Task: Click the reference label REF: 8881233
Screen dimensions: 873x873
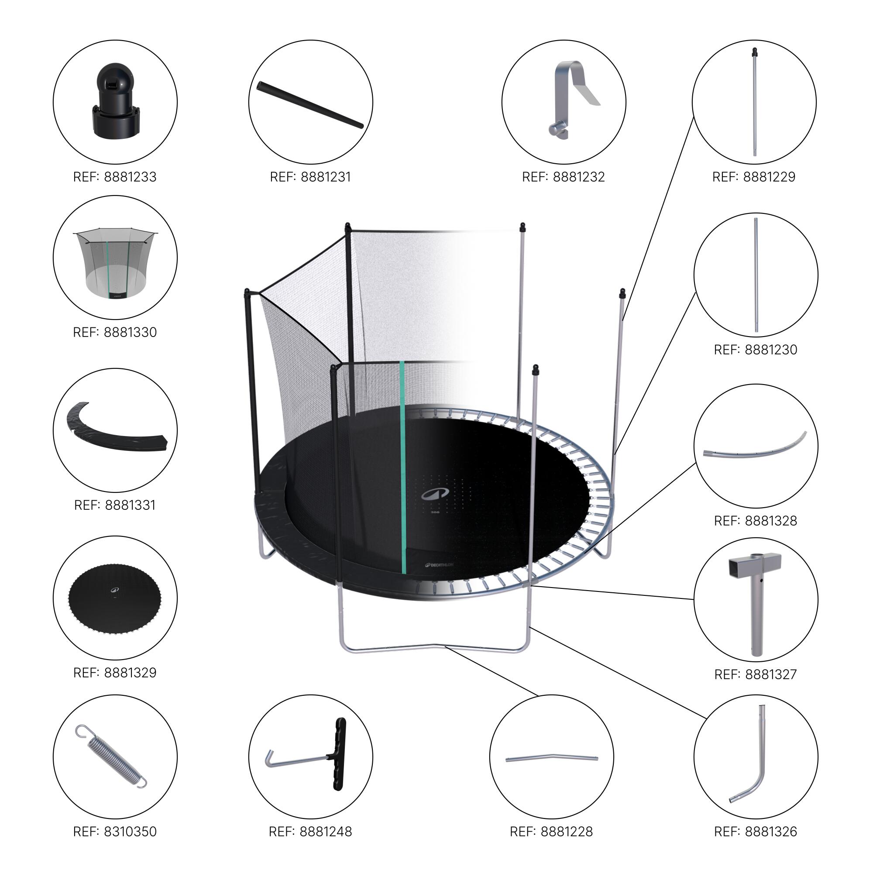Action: point(115,177)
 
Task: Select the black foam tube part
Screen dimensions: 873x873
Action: point(310,105)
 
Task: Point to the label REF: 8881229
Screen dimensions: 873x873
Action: point(754,177)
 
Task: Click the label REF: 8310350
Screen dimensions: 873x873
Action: point(115,832)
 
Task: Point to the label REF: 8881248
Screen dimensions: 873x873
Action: point(310,832)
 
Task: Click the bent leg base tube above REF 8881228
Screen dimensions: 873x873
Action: point(551,759)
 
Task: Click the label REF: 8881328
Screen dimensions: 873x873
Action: point(756,521)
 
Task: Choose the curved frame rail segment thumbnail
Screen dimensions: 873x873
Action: point(755,450)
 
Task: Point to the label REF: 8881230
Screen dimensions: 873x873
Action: point(756,349)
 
